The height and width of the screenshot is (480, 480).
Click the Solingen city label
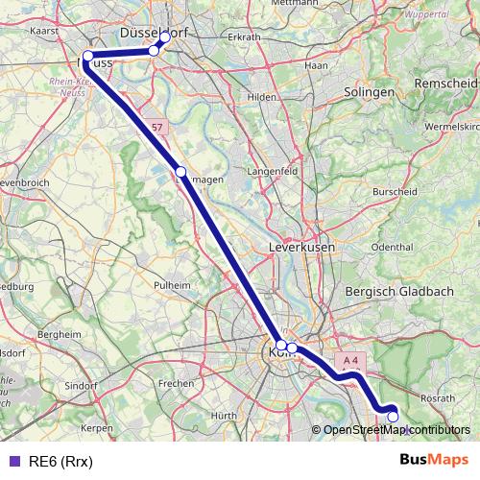pos(370,92)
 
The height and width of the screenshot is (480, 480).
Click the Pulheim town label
pos(173,285)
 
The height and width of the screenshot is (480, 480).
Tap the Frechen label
pos(176,383)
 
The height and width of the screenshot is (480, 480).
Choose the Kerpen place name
pos(98,427)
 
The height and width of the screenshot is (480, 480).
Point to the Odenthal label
pos(391,247)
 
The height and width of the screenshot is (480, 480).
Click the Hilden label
pos(261,97)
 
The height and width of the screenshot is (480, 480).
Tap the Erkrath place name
pos(244,37)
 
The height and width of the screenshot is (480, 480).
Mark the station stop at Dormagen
pos(180,172)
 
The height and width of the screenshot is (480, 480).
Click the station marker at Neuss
pos(87,56)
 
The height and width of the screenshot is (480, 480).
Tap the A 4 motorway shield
pos(349,361)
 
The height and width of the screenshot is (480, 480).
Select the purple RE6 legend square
pos(13,461)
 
